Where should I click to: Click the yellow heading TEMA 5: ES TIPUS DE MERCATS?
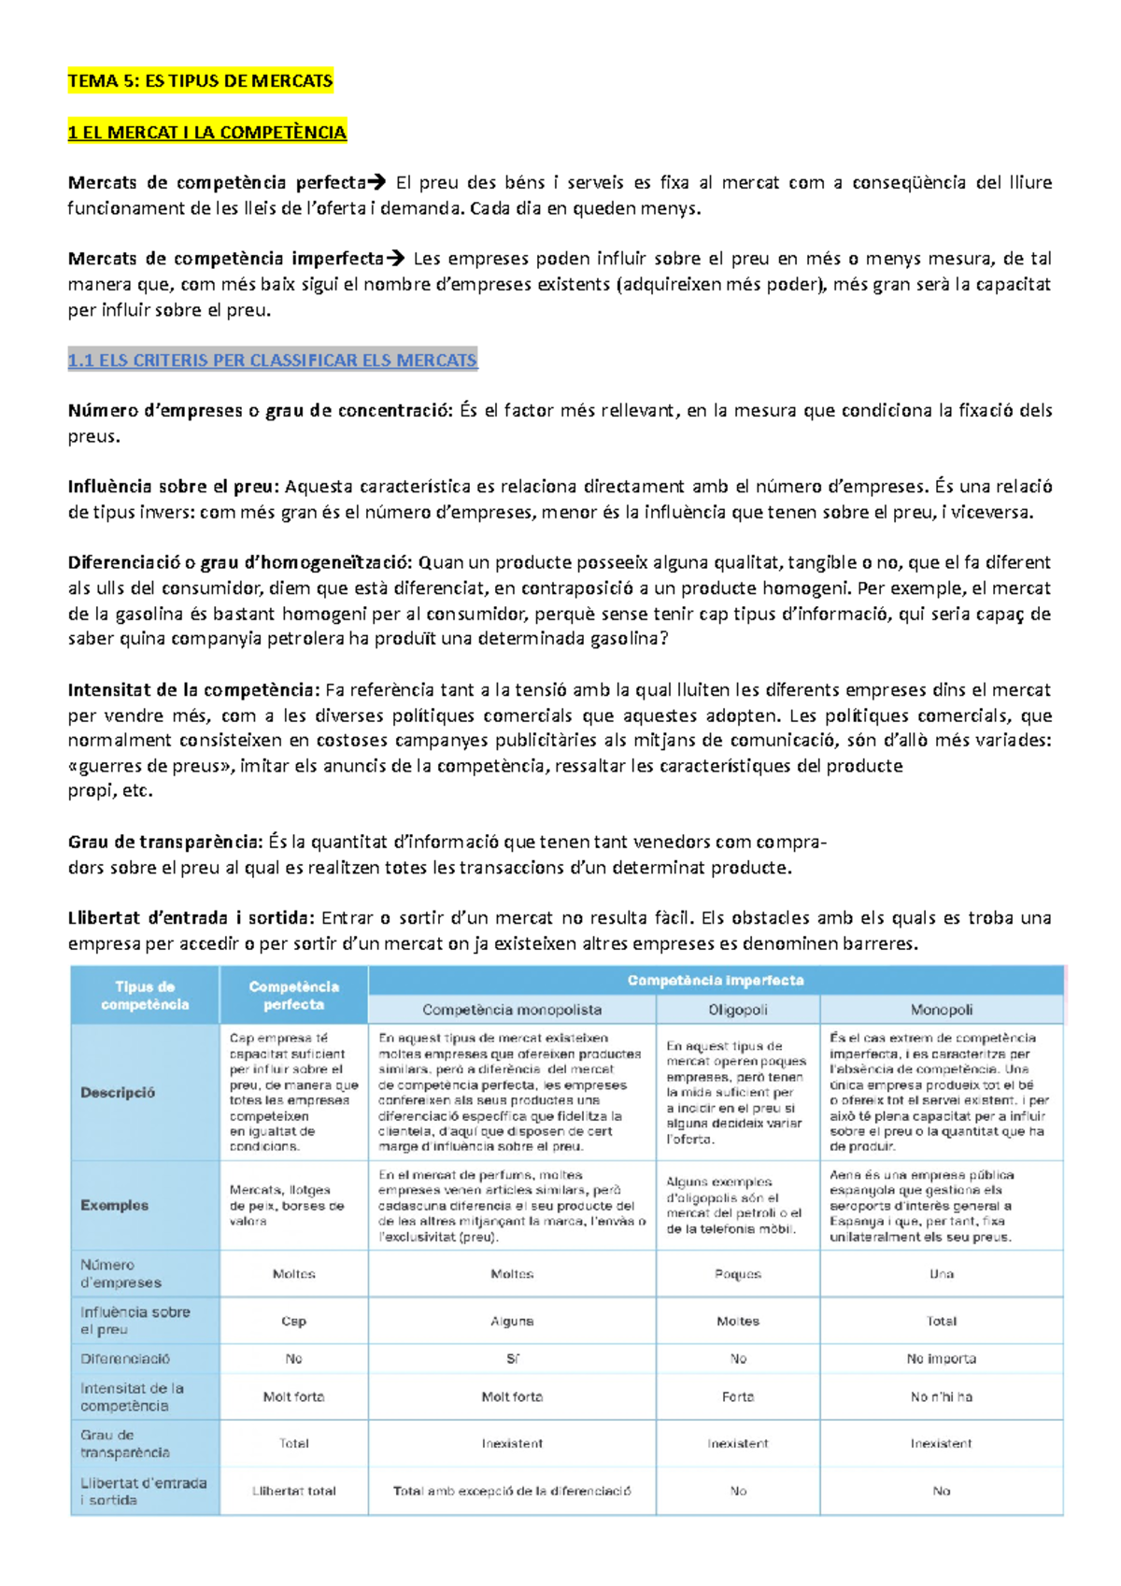coord(200,81)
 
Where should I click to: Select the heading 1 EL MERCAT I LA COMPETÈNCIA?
coord(206,133)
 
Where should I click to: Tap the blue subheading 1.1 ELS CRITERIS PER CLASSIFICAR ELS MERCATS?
coord(272,361)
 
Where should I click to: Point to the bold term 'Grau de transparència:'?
coord(164,842)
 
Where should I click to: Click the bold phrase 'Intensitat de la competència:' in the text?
coord(193,690)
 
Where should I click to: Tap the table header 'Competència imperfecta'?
coord(715,981)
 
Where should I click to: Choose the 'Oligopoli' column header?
coord(737,1010)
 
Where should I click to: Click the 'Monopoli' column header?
coord(941,1010)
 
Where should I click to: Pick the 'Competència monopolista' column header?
coord(511,1010)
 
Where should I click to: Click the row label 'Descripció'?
coord(118,1092)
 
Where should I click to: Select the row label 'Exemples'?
coord(114,1205)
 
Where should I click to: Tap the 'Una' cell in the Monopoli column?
coord(941,1274)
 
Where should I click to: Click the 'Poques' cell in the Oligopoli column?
coord(737,1274)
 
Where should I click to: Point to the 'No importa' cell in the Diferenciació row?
coord(941,1359)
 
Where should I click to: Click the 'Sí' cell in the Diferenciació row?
coord(511,1359)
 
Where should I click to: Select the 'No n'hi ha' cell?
coord(941,1397)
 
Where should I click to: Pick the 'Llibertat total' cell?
coord(293,1492)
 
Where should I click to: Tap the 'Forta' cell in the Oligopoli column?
coord(737,1397)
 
